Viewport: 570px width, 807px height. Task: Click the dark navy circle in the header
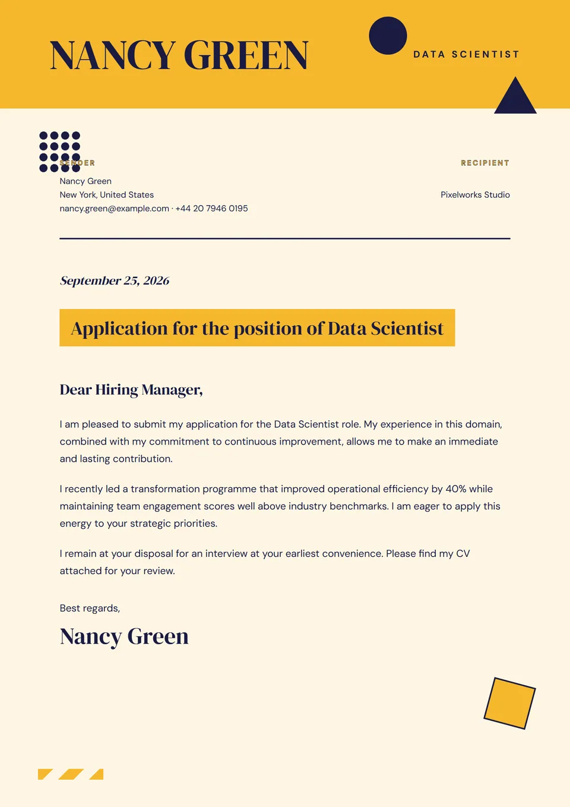(x=388, y=36)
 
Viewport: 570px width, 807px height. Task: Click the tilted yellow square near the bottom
(x=509, y=703)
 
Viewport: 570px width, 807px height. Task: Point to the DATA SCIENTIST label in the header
(x=466, y=55)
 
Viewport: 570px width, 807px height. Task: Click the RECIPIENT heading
(x=484, y=163)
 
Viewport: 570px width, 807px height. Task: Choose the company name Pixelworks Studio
(x=475, y=195)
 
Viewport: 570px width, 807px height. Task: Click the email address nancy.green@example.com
(x=114, y=209)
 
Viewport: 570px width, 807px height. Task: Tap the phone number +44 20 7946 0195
(x=211, y=209)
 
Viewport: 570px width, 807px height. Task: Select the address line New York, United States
(x=106, y=195)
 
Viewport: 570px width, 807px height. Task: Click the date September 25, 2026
(x=115, y=280)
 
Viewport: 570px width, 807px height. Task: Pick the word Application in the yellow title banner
(x=119, y=329)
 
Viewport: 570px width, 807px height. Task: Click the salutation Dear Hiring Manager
(x=131, y=390)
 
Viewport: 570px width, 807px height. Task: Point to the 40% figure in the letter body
(x=455, y=489)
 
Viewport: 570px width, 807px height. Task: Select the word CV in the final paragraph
(x=463, y=554)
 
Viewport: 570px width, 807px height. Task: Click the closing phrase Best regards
(x=90, y=609)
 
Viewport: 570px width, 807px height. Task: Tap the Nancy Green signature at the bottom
(x=124, y=636)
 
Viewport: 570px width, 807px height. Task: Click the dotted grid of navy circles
(x=59, y=152)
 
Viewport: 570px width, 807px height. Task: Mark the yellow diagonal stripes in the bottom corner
(x=71, y=774)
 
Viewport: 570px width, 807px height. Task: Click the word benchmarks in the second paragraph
(x=358, y=506)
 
